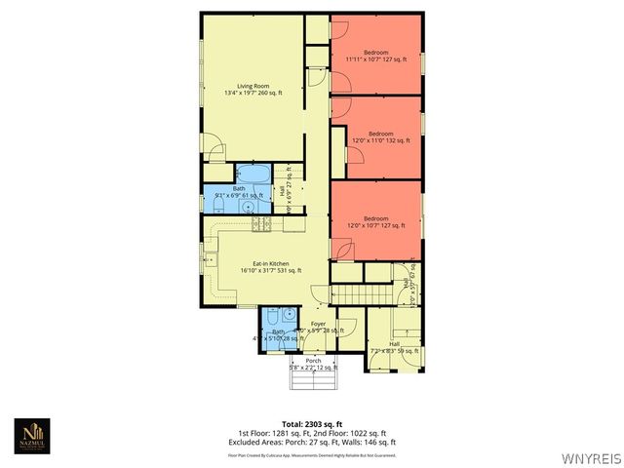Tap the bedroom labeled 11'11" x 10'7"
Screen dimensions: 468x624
(x=376, y=56)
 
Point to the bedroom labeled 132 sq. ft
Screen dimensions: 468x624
(x=380, y=137)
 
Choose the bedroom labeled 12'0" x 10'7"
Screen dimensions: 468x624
(x=376, y=221)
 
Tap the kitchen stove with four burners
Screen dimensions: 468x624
(x=260, y=224)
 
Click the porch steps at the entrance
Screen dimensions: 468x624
(x=313, y=379)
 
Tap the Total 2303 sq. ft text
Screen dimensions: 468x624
(x=313, y=424)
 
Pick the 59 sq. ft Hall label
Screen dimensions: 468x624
(x=394, y=347)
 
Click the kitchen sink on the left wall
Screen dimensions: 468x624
(x=210, y=259)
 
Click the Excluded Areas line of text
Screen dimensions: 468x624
(x=313, y=442)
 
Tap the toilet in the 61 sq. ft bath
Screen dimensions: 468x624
(x=250, y=207)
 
